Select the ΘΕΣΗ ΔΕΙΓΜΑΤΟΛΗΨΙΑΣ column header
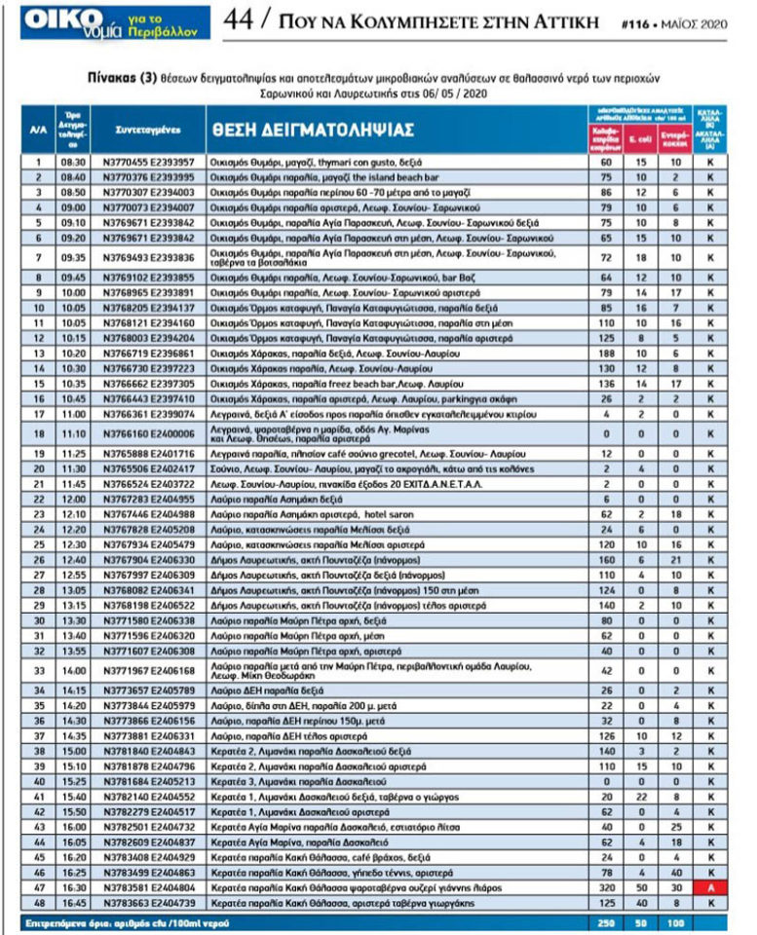click(311, 131)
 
